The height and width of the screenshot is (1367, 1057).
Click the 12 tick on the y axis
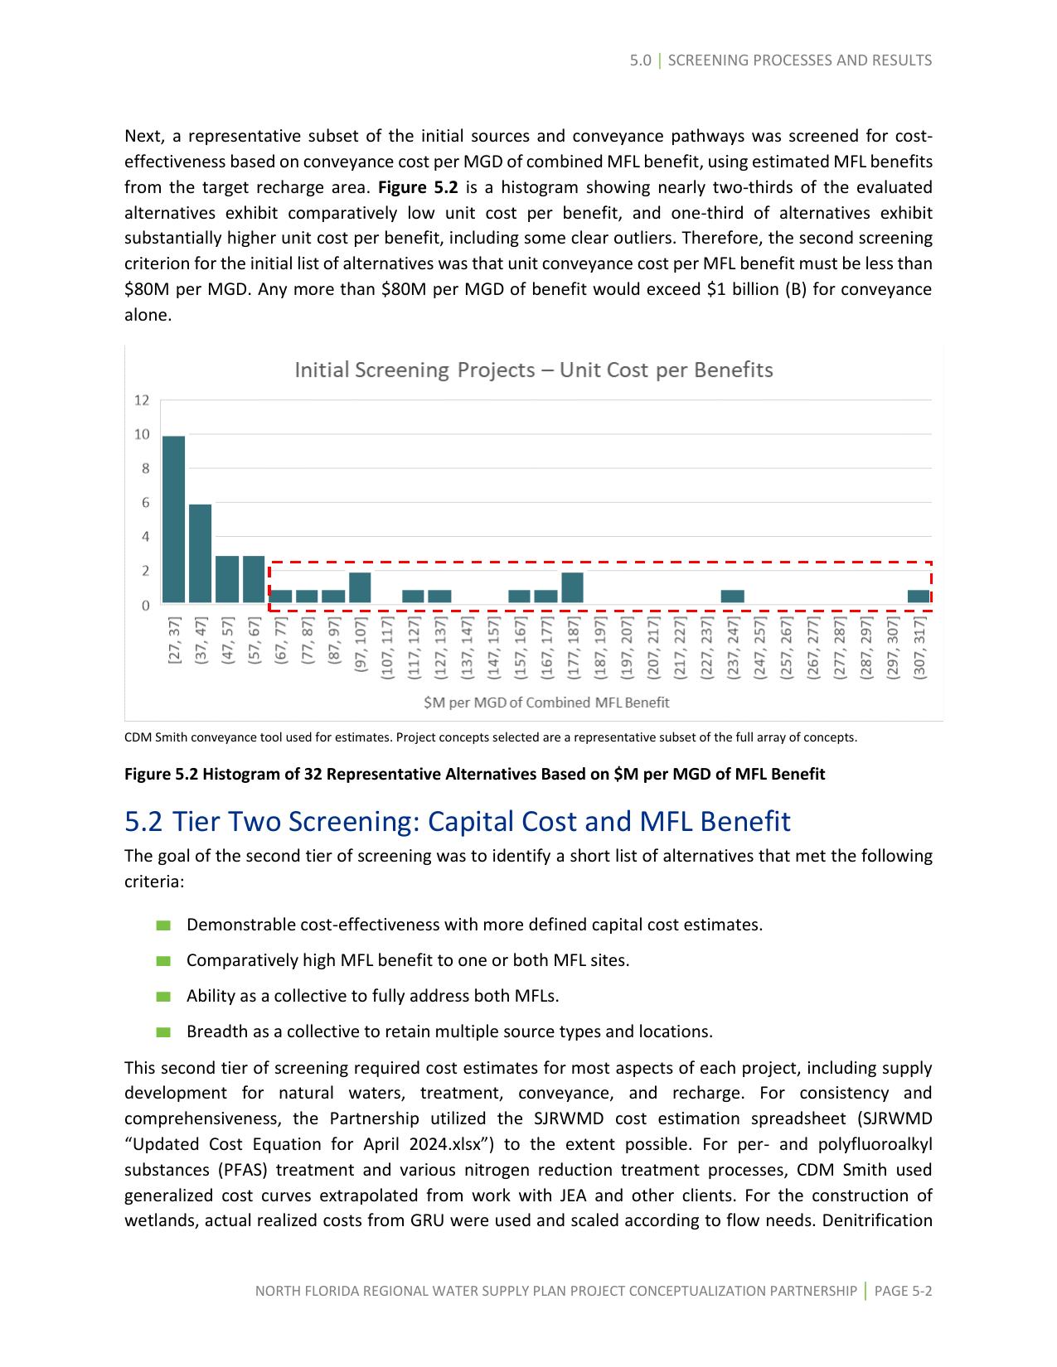click(x=142, y=400)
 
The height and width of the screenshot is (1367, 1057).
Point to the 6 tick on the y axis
click(x=145, y=503)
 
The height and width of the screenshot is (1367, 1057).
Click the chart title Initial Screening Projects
click(x=533, y=370)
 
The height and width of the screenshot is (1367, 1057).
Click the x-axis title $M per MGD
click(x=545, y=703)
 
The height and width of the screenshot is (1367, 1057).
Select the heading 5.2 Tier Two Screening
click(x=457, y=821)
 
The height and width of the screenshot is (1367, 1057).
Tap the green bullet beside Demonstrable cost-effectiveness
click(x=162, y=925)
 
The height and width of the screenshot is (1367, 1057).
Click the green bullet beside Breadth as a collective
click(x=162, y=1031)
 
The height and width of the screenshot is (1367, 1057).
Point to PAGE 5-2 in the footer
click(x=903, y=1291)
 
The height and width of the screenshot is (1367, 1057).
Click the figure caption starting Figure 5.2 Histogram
click(x=474, y=774)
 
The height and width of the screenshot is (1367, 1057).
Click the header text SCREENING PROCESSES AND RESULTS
click(x=799, y=60)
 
